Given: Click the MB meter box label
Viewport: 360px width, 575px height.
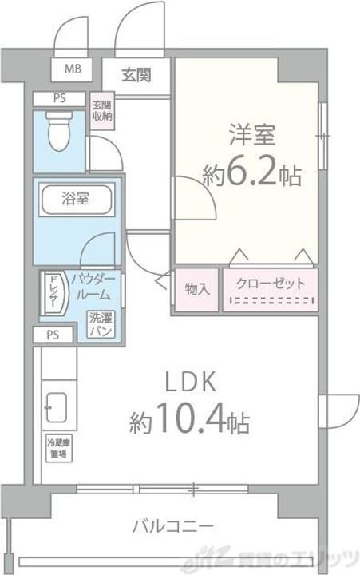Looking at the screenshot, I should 72,69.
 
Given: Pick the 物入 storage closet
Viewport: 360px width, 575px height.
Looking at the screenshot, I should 196,287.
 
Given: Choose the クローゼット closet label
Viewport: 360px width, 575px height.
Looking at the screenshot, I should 270,284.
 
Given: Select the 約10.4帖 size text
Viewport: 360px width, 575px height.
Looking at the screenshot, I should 189,420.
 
